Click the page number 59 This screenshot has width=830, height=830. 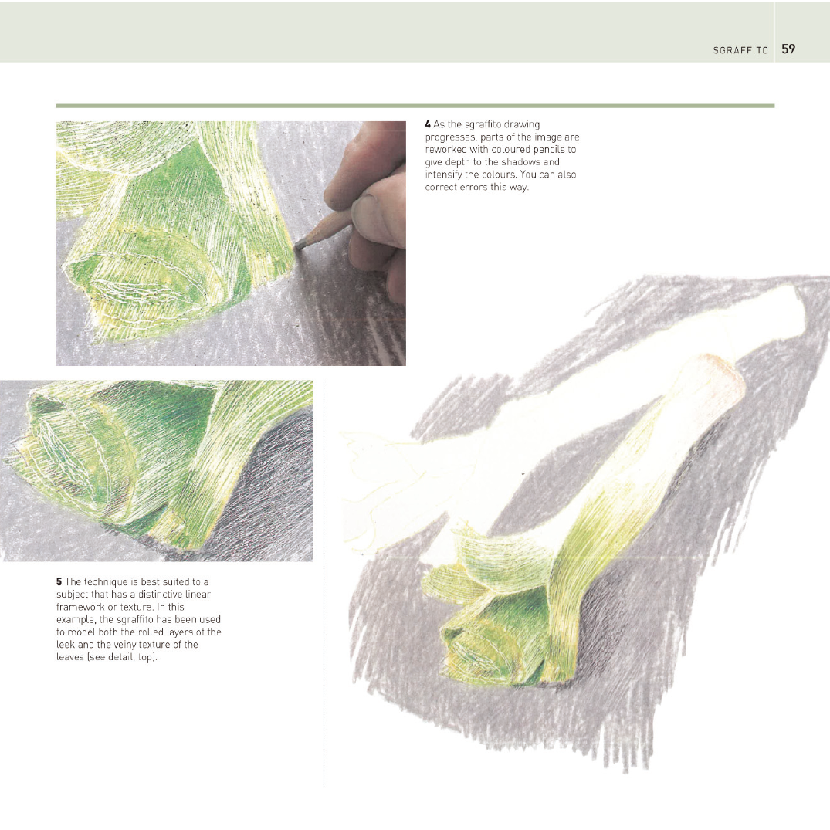pos(788,49)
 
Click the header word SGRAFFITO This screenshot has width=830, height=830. pos(740,50)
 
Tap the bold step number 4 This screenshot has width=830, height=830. pos(428,124)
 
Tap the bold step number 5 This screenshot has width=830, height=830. pos(59,581)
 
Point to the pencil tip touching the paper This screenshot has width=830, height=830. pos(300,245)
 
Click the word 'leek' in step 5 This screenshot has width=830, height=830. pos(66,645)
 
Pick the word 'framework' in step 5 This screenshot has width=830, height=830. pos(80,607)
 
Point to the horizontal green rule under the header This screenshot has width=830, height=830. pos(415,106)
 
